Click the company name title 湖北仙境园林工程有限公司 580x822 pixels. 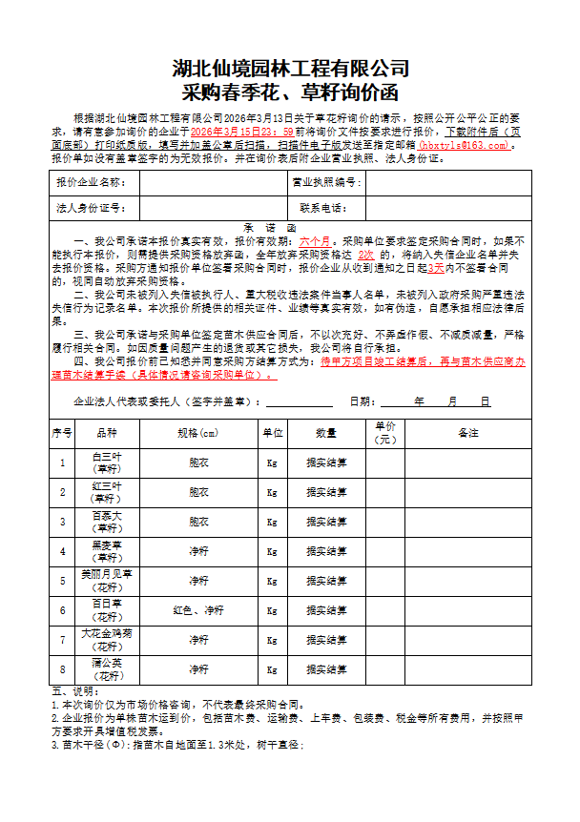[x=290, y=69]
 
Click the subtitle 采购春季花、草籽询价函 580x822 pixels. [x=290, y=92]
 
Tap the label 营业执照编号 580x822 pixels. [x=324, y=182]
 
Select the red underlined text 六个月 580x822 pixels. [x=315, y=241]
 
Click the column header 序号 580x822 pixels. [x=62, y=433]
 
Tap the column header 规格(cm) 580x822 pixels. [x=197, y=433]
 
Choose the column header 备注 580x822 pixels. [x=468, y=433]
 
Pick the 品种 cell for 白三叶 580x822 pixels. [x=107, y=462]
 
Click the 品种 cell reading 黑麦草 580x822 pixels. [x=107, y=550]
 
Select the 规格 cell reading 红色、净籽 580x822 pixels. [x=197, y=609]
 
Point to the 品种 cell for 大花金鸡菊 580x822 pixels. [x=107, y=639]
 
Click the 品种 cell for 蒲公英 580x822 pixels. [x=107, y=668]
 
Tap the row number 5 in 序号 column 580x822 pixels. [x=62, y=580]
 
